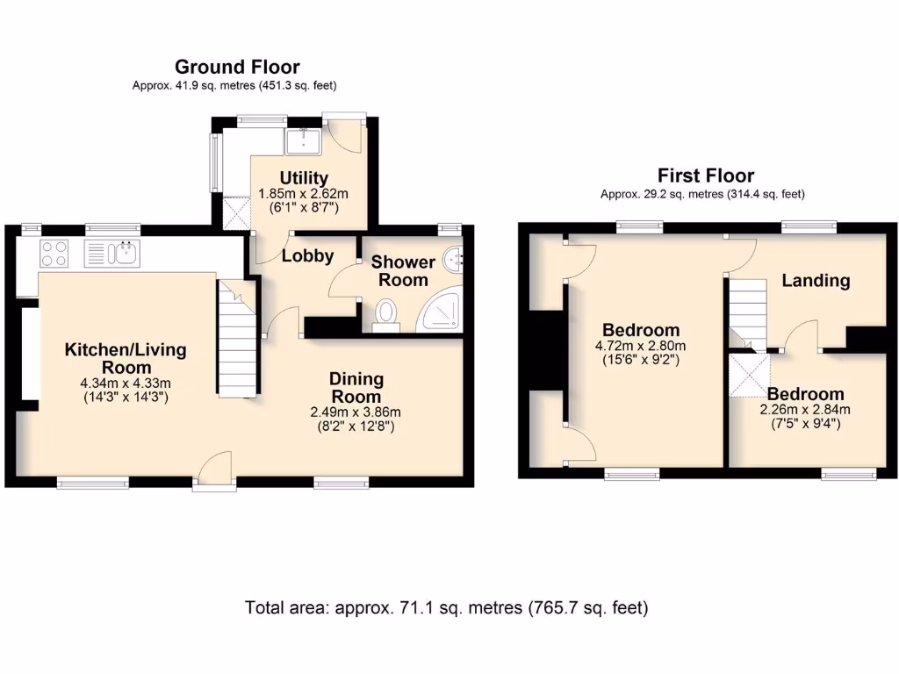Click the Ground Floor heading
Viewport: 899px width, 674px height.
click(x=237, y=67)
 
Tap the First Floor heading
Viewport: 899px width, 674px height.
click(x=705, y=176)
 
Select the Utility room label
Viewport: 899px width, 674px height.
click(x=303, y=177)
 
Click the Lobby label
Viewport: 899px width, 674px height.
click(x=307, y=255)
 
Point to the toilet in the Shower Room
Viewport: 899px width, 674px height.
click(x=386, y=316)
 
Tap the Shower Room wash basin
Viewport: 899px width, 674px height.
click(x=454, y=261)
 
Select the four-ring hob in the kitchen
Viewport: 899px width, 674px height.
click(x=54, y=254)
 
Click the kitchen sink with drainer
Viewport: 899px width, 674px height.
click(x=111, y=254)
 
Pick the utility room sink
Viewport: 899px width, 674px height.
click(x=303, y=141)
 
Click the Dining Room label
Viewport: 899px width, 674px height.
click(x=356, y=387)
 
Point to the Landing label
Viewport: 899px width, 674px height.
click(x=816, y=280)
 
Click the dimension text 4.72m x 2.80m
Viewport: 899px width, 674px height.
click(x=640, y=346)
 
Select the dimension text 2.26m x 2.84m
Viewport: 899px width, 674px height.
click(x=805, y=409)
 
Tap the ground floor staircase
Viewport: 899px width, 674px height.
click(x=236, y=338)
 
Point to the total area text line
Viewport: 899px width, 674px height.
click(x=447, y=607)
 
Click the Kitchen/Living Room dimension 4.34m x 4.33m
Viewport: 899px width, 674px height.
click(x=126, y=383)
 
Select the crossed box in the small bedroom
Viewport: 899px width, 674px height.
click(x=749, y=376)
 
